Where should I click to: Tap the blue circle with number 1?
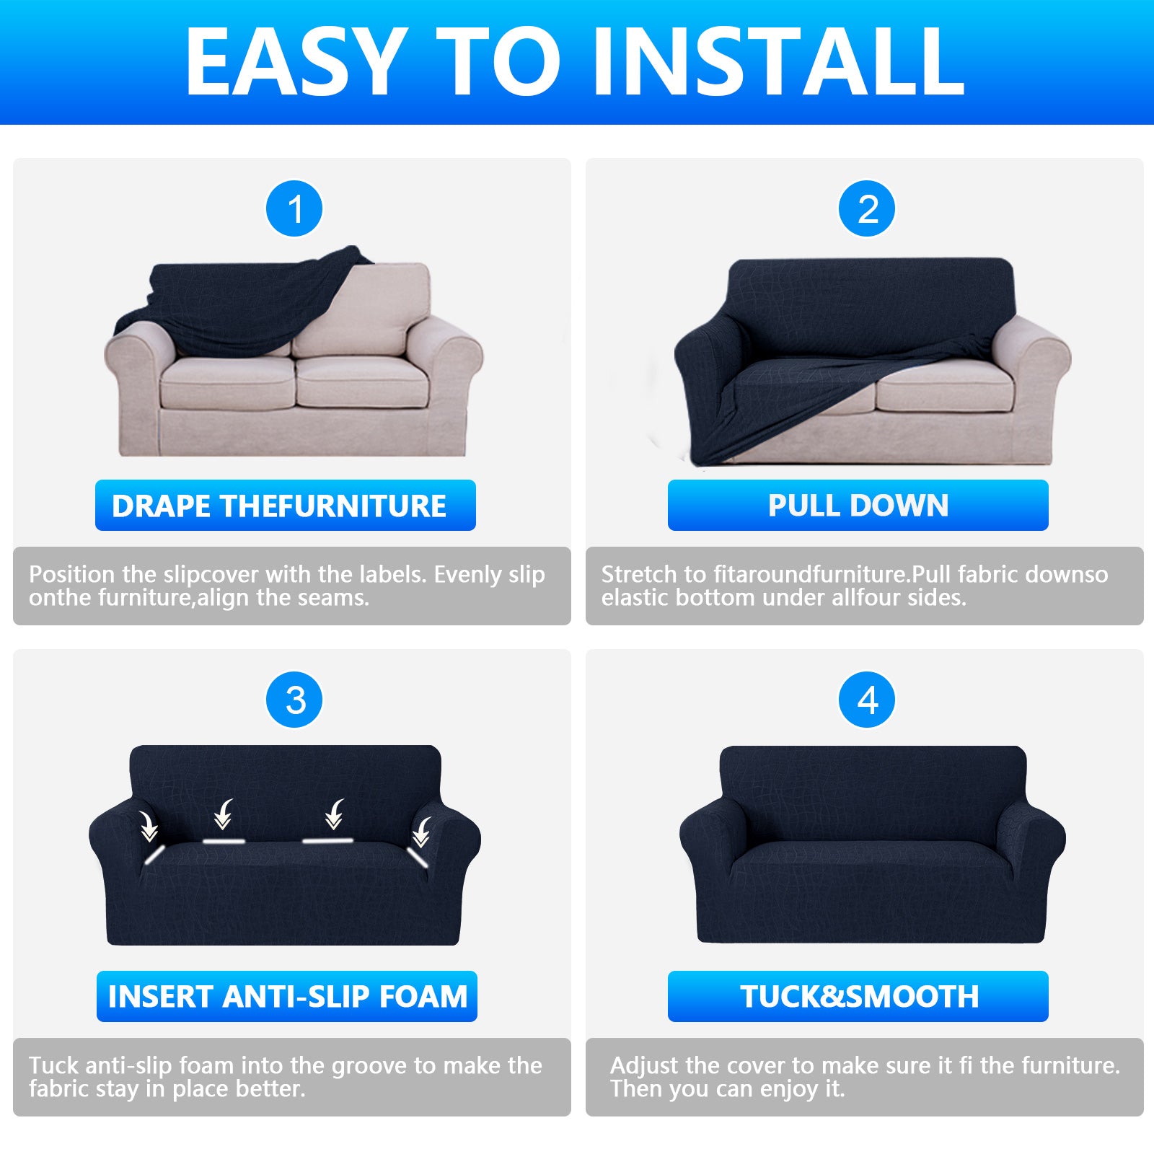pyautogui.click(x=294, y=209)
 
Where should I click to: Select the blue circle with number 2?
pyautogui.click(x=867, y=209)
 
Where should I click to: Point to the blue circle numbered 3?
pyautogui.click(x=294, y=700)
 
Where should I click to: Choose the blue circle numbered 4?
pyautogui.click(x=867, y=700)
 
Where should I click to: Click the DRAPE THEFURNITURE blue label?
pyautogui.click(x=285, y=506)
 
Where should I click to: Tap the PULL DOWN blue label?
pyautogui.click(x=858, y=506)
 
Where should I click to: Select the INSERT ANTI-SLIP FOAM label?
pyautogui.click(x=287, y=996)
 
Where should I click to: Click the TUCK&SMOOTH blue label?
pyautogui.click(x=858, y=996)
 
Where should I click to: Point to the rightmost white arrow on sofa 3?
pyautogui.click(x=422, y=832)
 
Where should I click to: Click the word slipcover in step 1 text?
pyautogui.click(x=211, y=575)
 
